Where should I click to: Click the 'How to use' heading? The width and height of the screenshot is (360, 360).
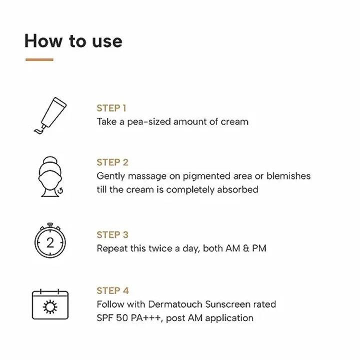coord(73,41)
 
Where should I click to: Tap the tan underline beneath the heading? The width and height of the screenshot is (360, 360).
coord(39,60)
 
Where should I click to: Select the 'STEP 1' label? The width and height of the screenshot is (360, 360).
coord(111,108)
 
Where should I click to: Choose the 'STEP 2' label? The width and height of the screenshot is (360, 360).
coord(112,162)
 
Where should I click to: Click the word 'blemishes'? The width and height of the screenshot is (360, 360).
coord(288,176)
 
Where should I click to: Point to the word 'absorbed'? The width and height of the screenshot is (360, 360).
coord(238,189)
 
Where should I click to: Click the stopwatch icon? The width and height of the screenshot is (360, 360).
coord(50,241)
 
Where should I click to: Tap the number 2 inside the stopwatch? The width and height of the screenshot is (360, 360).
coord(50,243)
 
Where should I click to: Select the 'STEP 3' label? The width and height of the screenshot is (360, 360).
coord(112,235)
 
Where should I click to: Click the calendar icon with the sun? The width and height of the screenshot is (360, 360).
coord(50,304)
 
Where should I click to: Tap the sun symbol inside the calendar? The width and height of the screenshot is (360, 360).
coord(50,307)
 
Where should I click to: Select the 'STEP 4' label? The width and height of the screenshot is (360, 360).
coord(112,290)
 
